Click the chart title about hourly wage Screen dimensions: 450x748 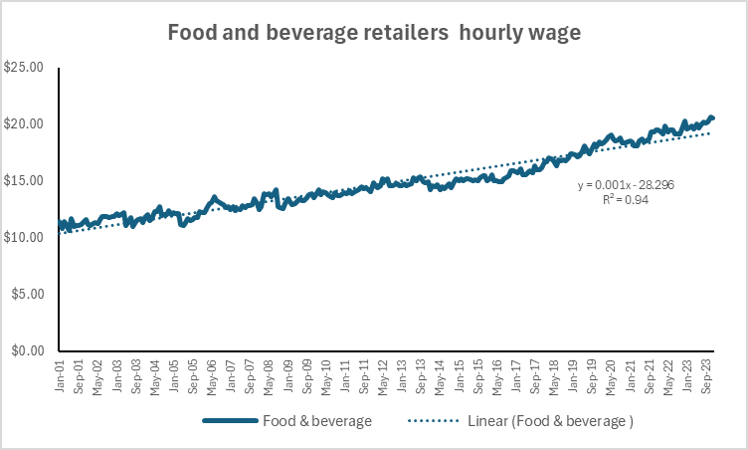coord(374,32)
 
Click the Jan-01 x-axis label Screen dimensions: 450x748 coord(61,374)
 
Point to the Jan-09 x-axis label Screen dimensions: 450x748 coord(288,374)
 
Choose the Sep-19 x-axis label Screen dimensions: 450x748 coord(596,374)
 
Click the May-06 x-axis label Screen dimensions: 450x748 coord(212,374)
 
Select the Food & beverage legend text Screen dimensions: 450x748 coord(316,421)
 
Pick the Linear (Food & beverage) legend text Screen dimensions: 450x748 coord(550,421)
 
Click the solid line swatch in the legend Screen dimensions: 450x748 coord(230,421)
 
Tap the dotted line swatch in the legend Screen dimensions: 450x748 coord(434,421)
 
